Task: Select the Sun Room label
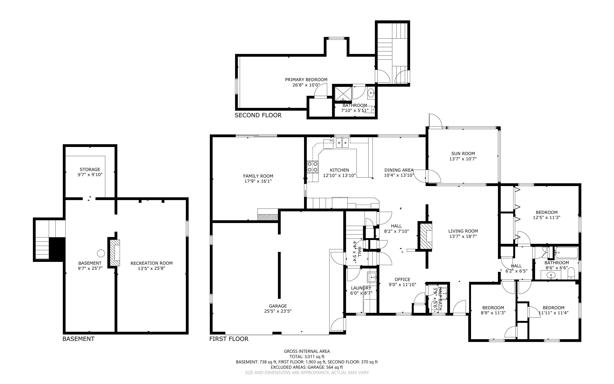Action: (463, 153)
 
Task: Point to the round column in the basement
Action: (101, 253)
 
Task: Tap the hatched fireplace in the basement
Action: (115, 253)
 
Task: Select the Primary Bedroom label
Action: (306, 79)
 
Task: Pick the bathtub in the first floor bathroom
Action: (566, 253)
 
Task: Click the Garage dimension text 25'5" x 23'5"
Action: (278, 311)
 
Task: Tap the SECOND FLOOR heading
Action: (258, 115)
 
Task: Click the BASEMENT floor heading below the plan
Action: (78, 339)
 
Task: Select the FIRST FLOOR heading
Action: (229, 339)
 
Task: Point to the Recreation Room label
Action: (151, 263)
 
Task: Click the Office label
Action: (402, 279)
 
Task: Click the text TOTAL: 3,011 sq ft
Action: (307, 357)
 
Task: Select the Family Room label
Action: (258, 176)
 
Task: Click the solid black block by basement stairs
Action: (57, 249)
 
